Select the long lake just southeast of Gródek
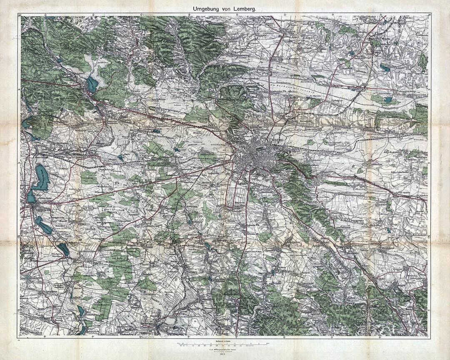[43, 225]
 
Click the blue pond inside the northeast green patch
[388, 100]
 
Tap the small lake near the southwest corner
[80, 309]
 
